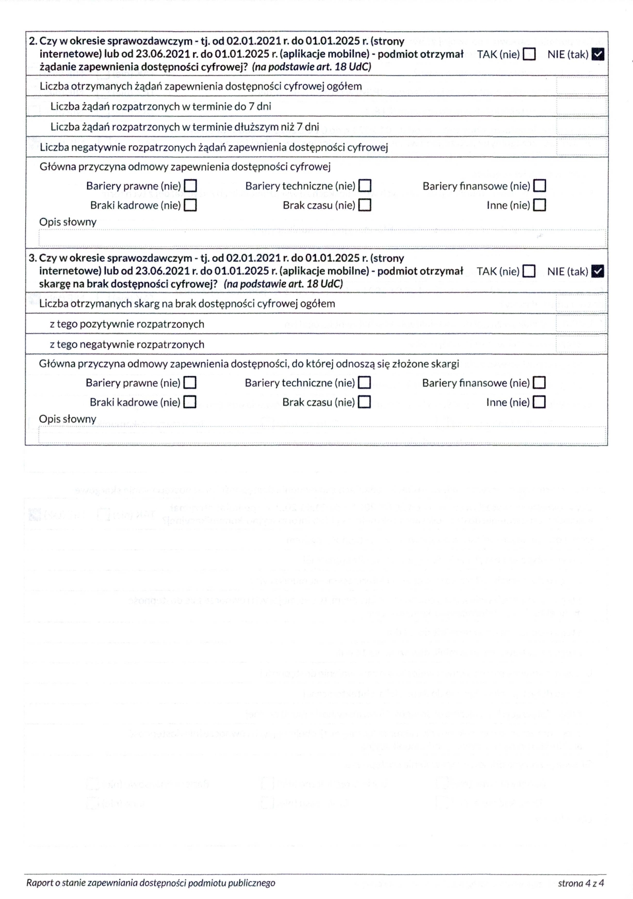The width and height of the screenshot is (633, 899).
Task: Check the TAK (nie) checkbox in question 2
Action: [x=529, y=54]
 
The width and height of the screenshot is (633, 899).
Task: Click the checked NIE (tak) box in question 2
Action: [x=598, y=54]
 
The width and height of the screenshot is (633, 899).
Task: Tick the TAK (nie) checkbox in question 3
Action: [x=529, y=271]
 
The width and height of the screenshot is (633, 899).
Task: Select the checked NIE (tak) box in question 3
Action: [x=598, y=271]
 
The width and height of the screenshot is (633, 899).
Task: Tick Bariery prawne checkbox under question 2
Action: [x=190, y=186]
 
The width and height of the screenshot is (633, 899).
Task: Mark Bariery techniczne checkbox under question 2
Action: [x=365, y=186]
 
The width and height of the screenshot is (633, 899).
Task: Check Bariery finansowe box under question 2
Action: [x=540, y=186]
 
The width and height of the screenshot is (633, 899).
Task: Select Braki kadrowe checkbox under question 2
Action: [x=190, y=205]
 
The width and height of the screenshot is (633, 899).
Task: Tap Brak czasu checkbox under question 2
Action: [x=365, y=205]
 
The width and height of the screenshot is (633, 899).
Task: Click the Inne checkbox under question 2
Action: [x=540, y=205]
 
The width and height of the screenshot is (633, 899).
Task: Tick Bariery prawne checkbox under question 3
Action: [x=190, y=382]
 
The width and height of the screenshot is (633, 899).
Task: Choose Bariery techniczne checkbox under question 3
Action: [x=365, y=382]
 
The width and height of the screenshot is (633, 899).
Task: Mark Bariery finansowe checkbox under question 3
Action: [x=540, y=382]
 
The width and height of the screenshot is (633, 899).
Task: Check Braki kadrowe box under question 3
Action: [x=190, y=402]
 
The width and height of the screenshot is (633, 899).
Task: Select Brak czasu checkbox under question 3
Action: [x=365, y=402]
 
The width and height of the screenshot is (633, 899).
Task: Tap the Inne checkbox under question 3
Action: [x=540, y=402]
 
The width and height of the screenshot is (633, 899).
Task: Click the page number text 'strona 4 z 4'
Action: [x=580, y=883]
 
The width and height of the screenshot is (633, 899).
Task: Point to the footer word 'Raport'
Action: [x=40, y=883]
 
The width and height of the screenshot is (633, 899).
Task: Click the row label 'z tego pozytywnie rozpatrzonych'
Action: [x=127, y=324]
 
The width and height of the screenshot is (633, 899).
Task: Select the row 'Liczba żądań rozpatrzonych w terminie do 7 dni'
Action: [x=161, y=106]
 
